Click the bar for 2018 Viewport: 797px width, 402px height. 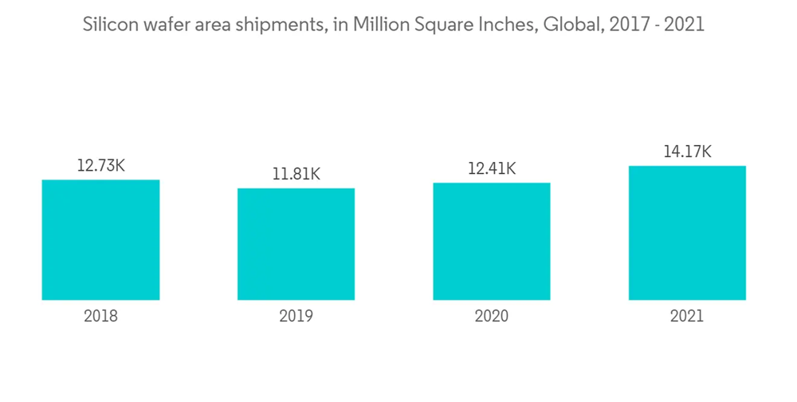[x=100, y=239]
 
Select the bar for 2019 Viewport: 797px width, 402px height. [x=296, y=244]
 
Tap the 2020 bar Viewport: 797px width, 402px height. [x=491, y=241]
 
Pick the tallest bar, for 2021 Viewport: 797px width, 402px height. [x=687, y=232]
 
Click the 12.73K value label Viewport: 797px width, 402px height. [x=100, y=166]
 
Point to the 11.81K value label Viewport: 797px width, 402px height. [x=296, y=175]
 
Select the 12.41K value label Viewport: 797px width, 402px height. [x=491, y=169]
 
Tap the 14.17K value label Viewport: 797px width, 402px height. [x=687, y=152]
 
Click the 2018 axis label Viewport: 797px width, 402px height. [x=100, y=317]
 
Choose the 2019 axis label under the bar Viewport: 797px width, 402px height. [x=296, y=317]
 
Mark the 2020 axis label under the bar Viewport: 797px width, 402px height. [x=491, y=317]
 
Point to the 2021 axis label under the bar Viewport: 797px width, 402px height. [x=687, y=317]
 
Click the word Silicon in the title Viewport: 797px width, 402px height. [x=108, y=25]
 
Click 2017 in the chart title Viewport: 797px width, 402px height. [x=624, y=25]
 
